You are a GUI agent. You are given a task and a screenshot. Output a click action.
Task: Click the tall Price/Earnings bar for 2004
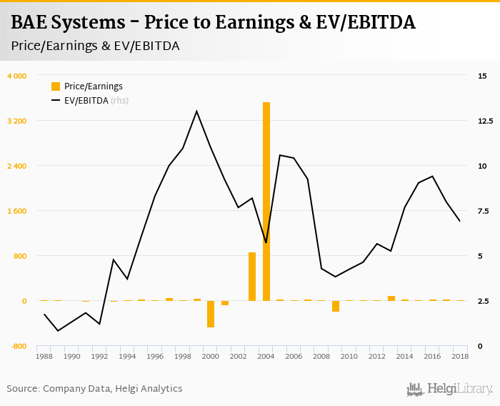[x=266, y=202]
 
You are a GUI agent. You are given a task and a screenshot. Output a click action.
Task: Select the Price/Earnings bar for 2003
[x=252, y=277]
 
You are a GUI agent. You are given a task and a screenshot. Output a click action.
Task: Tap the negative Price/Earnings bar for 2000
[x=211, y=314]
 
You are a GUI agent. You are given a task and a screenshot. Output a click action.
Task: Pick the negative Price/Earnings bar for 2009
[x=336, y=306]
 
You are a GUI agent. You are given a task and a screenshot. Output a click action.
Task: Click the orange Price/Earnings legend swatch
[x=56, y=86]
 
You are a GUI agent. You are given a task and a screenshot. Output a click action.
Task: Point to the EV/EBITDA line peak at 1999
[x=196, y=112]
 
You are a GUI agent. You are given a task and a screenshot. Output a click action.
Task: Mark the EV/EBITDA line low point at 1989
[x=58, y=330]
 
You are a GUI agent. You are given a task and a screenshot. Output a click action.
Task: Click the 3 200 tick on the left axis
[x=16, y=121]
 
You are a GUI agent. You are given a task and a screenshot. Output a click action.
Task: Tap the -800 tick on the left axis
[x=18, y=346]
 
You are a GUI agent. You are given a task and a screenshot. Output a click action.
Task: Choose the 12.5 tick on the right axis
[x=486, y=121]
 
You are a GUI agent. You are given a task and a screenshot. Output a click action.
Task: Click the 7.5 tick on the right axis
[x=484, y=211]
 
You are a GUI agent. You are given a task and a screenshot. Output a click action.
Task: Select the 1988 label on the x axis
[x=44, y=356]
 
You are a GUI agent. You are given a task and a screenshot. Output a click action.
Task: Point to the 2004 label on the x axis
[x=266, y=356]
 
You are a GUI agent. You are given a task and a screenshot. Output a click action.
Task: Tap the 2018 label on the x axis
[x=460, y=356]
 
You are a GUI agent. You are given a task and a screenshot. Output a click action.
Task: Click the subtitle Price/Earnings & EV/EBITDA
[x=95, y=46]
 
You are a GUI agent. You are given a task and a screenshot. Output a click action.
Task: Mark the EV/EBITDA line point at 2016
[x=432, y=177]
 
